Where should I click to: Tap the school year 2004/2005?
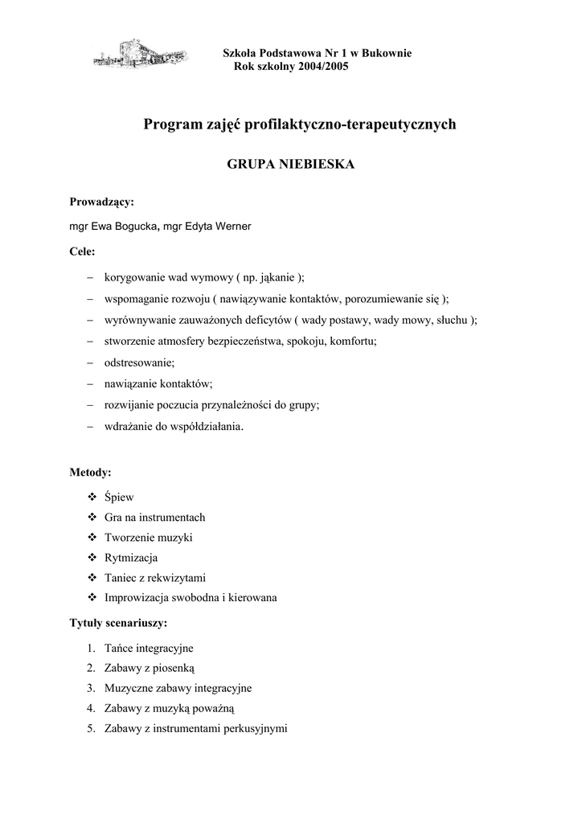[318, 67]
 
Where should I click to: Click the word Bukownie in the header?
[387, 53]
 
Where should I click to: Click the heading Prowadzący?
[101, 202]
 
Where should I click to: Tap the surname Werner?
[232, 226]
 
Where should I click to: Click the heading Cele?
[83, 251]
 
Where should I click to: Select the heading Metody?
[91, 472]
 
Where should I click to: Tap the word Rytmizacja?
[131, 557]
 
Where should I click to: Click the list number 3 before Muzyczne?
[91, 688]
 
